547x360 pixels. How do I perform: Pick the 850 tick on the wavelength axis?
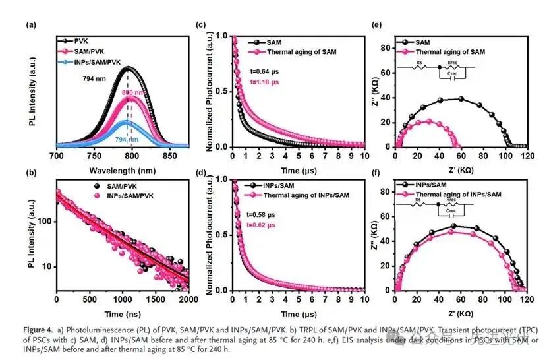click(x=170, y=156)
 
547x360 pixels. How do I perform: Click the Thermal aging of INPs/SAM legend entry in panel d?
click(x=304, y=195)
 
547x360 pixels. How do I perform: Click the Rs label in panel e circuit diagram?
click(x=419, y=63)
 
